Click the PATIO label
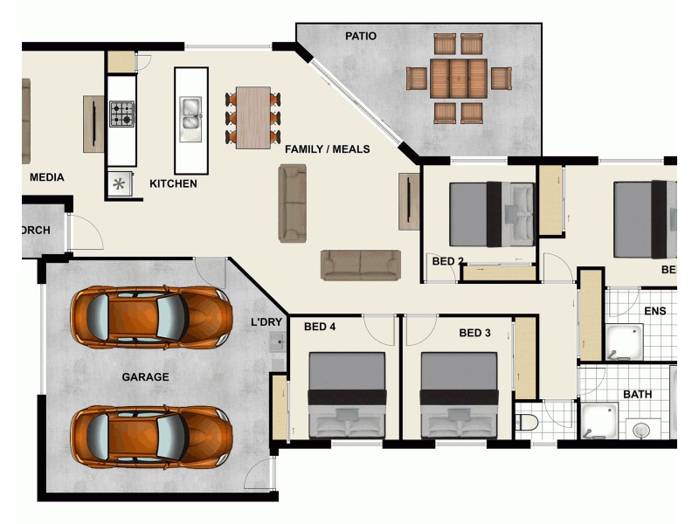(361, 37)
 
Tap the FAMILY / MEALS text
(327, 149)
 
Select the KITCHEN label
(173, 184)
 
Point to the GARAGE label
(145, 377)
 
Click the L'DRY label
(266, 322)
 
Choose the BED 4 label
(320, 327)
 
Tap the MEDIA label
(46, 177)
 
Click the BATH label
(637, 395)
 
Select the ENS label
(654, 311)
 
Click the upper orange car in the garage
(150, 315)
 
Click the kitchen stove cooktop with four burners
(121, 114)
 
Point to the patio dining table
(459, 79)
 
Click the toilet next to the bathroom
(526, 424)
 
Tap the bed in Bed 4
(347, 395)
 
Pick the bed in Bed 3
(459, 395)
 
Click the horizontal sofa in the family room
(360, 265)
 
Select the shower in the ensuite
(625, 343)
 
